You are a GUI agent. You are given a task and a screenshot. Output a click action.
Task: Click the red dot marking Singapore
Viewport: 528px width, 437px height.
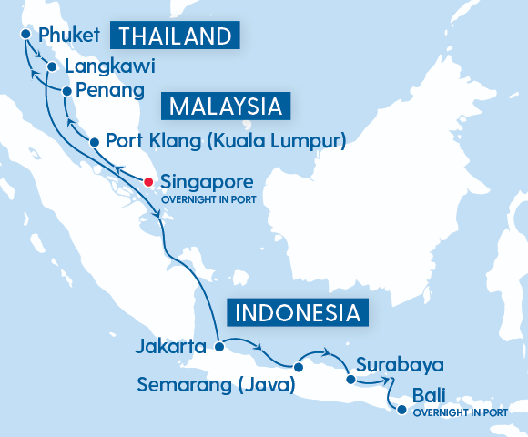coord(148,180)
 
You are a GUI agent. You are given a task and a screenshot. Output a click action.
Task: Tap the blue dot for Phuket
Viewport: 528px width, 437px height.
coord(25,35)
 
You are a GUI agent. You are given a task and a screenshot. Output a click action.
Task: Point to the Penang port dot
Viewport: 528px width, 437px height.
coord(66,91)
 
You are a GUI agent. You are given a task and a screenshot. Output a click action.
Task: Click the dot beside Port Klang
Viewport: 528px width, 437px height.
coord(94,141)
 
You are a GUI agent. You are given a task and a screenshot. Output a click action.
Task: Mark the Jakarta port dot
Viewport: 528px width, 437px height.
coord(218,346)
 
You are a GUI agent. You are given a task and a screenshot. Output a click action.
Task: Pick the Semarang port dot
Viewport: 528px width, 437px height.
coord(299,367)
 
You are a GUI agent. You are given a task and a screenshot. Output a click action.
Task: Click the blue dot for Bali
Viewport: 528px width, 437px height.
coord(401,410)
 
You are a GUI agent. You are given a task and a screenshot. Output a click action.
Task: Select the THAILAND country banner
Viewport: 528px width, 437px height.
coord(175,36)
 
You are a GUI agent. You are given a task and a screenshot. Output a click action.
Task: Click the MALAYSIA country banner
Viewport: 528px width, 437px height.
coord(225,106)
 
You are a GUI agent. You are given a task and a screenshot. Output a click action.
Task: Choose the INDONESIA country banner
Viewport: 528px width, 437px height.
coord(297,313)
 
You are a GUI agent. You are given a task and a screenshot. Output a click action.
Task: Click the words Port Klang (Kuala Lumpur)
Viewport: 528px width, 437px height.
coord(226,141)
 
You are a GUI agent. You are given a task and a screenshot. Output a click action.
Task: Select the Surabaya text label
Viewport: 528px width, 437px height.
coord(400,365)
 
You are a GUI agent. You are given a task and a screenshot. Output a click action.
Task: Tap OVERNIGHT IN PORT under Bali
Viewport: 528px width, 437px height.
coord(460,412)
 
